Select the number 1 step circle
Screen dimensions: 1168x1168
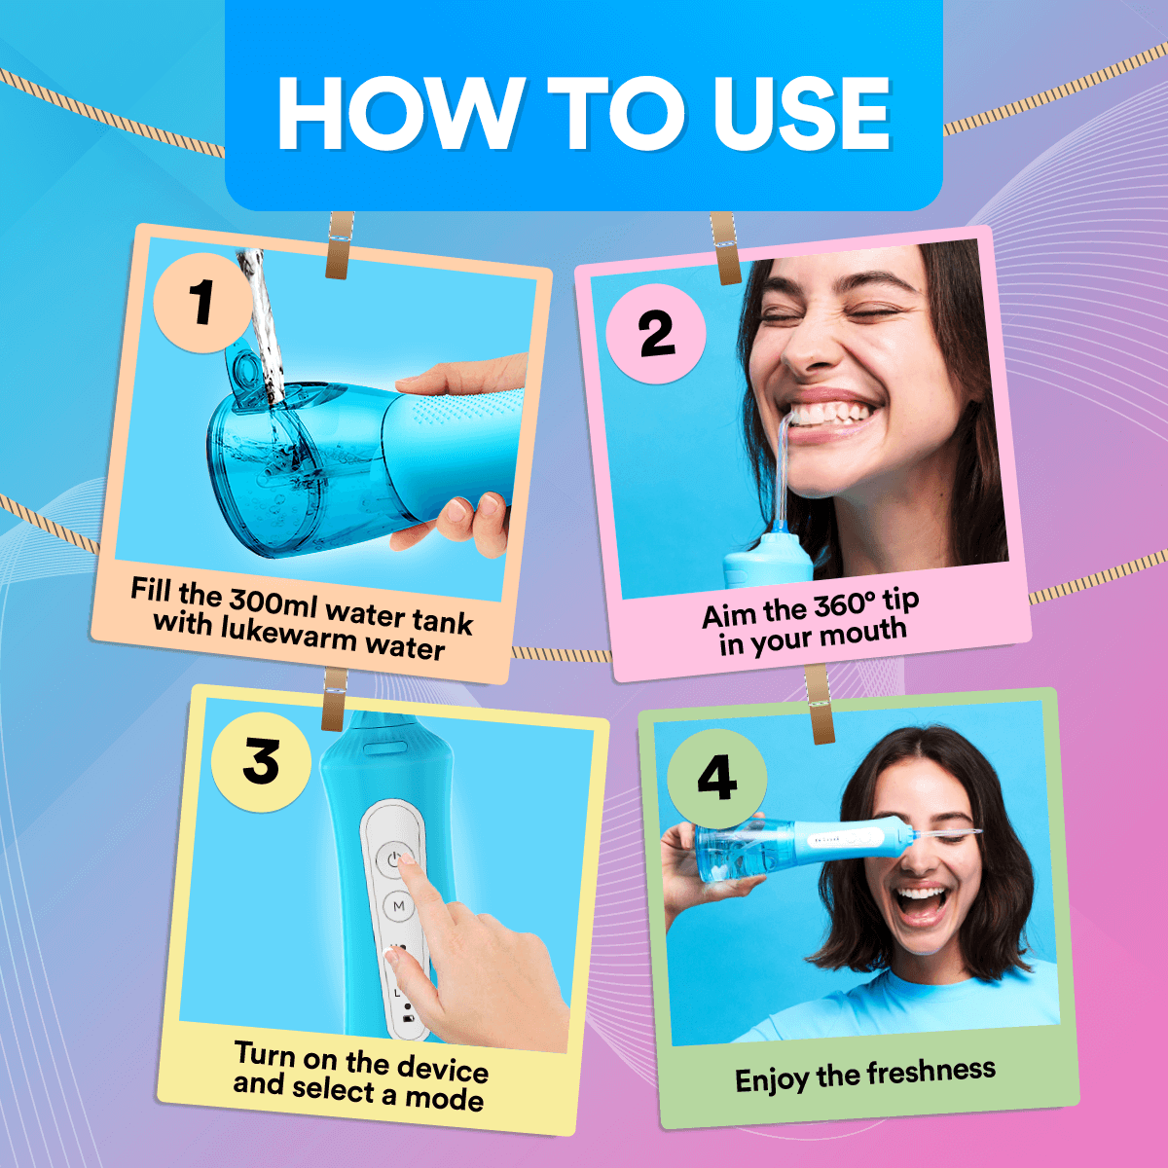202,302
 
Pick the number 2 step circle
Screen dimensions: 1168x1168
656,334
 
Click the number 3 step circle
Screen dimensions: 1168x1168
261,761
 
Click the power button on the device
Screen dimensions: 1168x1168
394,859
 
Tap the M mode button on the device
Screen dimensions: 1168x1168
398,906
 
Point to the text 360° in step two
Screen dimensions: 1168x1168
845,607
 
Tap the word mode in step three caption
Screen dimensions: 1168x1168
445,1099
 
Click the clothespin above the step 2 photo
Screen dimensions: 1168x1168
725,248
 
